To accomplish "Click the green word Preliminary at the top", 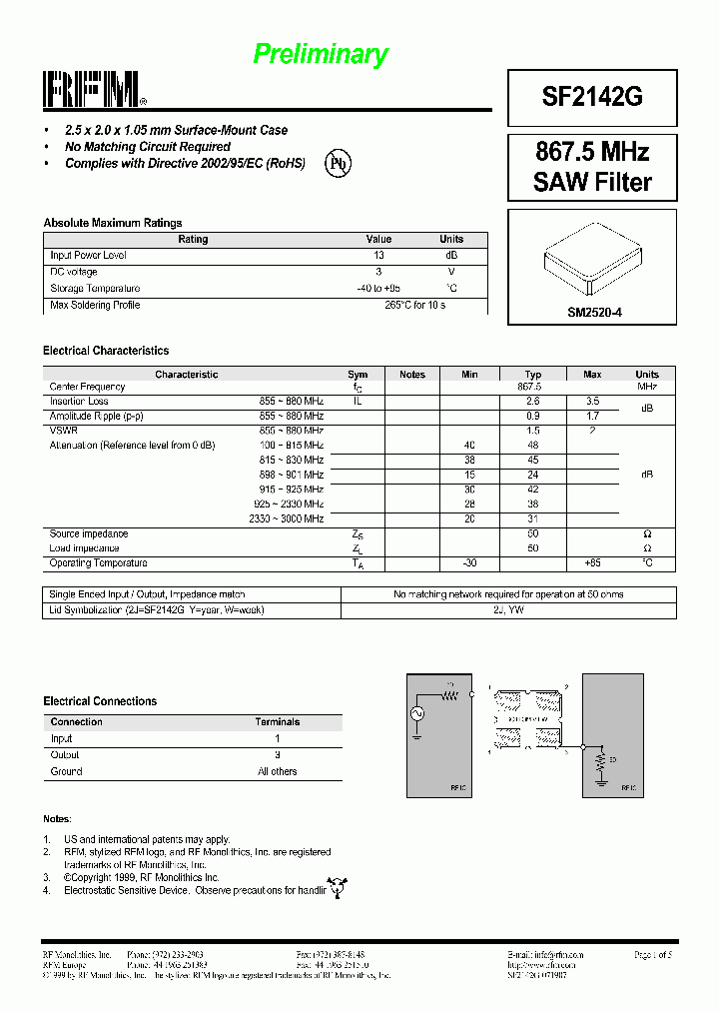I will [320, 54].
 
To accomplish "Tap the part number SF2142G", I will [592, 96].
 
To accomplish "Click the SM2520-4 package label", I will [594, 313].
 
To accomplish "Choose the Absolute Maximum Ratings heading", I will [112, 223].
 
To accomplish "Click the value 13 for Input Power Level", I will [378, 256].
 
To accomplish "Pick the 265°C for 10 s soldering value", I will [414, 306].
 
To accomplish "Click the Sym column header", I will [358, 375].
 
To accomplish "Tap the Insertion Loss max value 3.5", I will [592, 401].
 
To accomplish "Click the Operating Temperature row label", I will [98, 563].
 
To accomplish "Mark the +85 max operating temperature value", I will [592, 563].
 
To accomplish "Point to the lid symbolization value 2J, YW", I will [508, 609].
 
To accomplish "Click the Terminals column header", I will [277, 721].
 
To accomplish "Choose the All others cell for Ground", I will [277, 771].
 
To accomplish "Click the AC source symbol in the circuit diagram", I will [418, 713].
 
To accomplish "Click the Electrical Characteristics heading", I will [106, 351].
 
